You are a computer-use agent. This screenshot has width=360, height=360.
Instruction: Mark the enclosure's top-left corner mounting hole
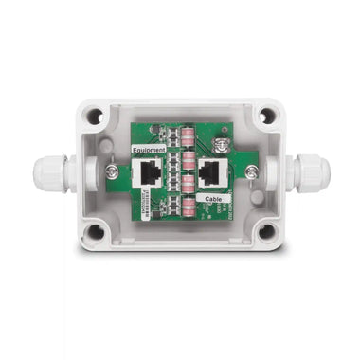pos(95,118)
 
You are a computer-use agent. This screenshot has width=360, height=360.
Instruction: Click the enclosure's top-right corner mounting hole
pos(267,116)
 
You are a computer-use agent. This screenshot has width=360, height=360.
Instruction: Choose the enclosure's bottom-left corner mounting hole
pos(95,230)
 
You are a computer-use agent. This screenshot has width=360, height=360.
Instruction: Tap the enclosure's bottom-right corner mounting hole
pos(267,230)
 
